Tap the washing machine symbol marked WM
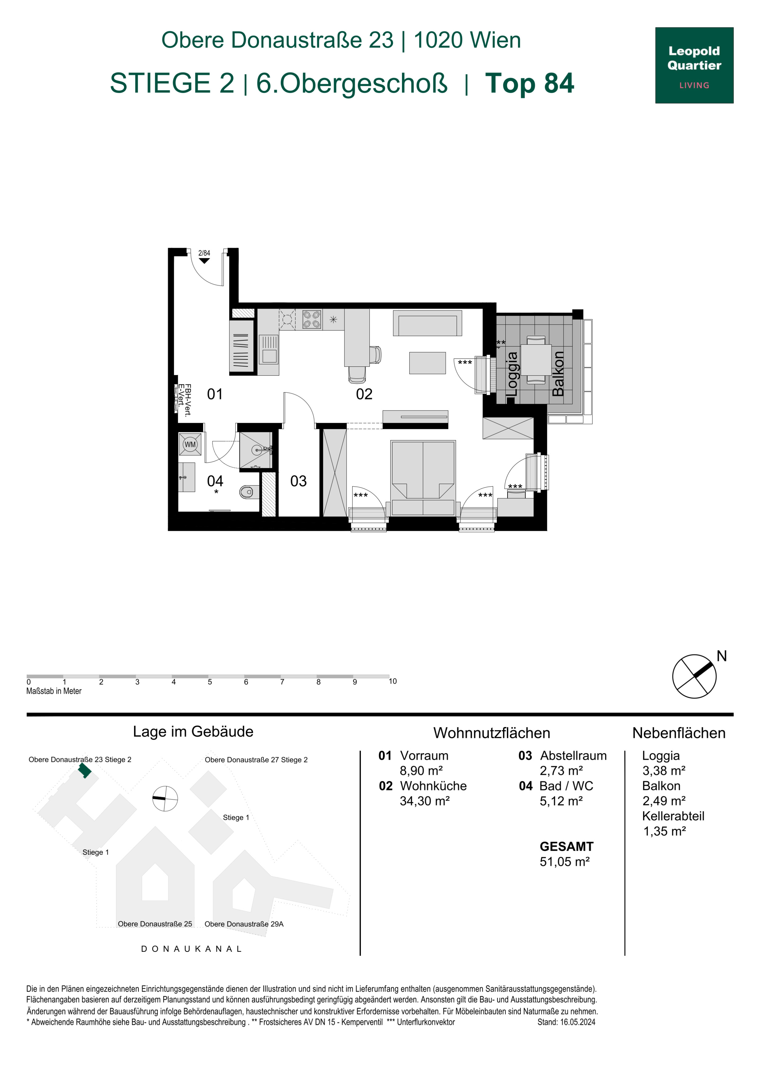pyautogui.click(x=190, y=444)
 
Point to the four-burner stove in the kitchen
pyautogui.click(x=311, y=319)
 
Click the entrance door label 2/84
pyautogui.click(x=204, y=253)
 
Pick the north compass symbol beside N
pyautogui.click(x=695, y=676)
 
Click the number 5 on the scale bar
pyautogui.click(x=209, y=682)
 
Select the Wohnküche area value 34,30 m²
pyautogui.click(x=424, y=801)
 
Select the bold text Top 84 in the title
pyautogui.click(x=529, y=83)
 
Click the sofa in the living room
pyautogui.click(x=427, y=323)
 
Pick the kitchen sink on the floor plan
pyautogui.click(x=269, y=349)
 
